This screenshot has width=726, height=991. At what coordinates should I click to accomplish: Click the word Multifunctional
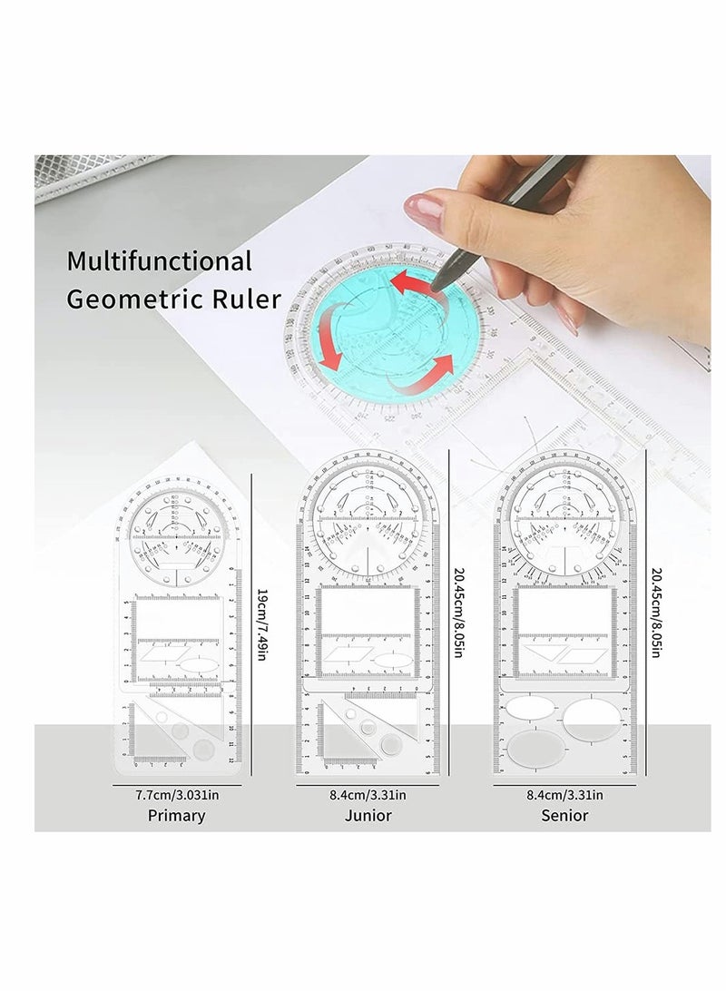pyautogui.click(x=160, y=263)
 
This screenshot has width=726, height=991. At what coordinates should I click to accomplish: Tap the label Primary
pyautogui.click(x=176, y=814)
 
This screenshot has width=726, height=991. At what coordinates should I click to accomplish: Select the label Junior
pyautogui.click(x=369, y=814)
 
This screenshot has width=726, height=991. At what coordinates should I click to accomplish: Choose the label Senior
pyautogui.click(x=564, y=814)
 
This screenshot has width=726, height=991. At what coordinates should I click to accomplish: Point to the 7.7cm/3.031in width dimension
pyautogui.click(x=176, y=794)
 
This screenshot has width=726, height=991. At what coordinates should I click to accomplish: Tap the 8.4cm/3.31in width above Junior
pyautogui.click(x=369, y=794)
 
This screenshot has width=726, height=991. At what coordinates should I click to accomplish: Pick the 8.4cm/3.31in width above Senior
pyautogui.click(x=564, y=794)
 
